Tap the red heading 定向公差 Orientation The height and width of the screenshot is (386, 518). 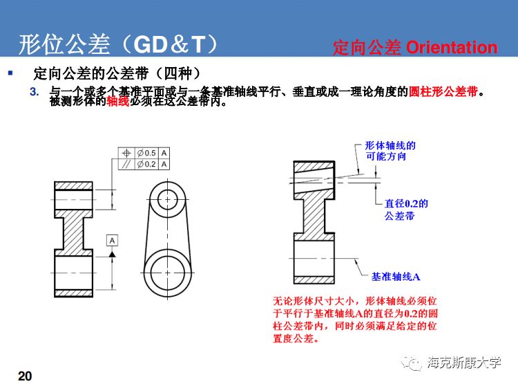(414, 47)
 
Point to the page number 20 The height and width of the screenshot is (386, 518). (25, 376)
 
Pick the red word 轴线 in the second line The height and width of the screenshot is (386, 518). (117, 102)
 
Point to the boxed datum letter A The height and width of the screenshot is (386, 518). (112, 239)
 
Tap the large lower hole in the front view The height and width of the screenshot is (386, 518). (167, 267)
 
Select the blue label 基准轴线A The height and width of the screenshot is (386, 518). (396, 277)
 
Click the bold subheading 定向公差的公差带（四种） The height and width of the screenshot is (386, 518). (117, 73)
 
